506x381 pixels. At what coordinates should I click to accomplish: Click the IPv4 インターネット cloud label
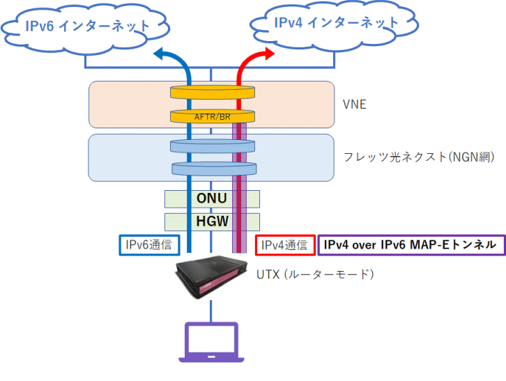336,22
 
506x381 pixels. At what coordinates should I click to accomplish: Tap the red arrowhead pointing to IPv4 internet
264,54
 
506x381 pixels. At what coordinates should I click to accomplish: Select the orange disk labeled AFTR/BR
212,116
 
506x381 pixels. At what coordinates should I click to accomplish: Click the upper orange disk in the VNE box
212,92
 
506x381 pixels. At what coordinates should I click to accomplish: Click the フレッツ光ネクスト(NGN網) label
419,157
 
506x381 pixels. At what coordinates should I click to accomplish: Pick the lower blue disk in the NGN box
212,169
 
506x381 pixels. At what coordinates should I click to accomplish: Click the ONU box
212,199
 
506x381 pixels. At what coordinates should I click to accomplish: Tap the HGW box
212,221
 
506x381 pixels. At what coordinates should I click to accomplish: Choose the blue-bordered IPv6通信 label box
147,244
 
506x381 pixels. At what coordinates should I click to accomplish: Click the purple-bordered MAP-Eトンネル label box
411,244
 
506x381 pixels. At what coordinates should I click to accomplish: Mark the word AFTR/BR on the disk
212,117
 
